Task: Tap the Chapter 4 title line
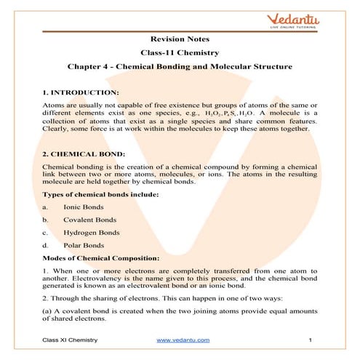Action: (x=180, y=68)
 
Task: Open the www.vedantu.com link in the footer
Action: (x=183, y=340)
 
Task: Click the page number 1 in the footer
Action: (x=310, y=340)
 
